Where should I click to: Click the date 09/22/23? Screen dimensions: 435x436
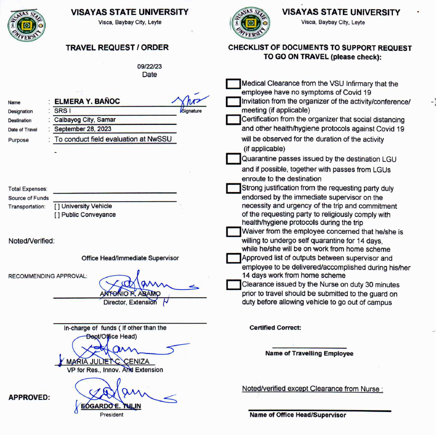pyautogui.click(x=149, y=67)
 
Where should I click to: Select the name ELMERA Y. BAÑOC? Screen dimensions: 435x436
pyautogui.click(x=87, y=101)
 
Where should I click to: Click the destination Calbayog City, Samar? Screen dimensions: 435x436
pyautogui.click(x=85, y=120)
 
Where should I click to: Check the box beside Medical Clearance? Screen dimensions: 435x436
pyautogui.click(x=233, y=85)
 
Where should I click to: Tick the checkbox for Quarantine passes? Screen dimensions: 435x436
pyautogui.click(x=233, y=159)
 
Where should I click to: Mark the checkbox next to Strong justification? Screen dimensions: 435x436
pyautogui.click(x=233, y=188)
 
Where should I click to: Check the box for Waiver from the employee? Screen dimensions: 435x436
pyautogui.click(x=233, y=232)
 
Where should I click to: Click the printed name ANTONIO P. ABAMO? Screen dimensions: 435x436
pyautogui.click(x=130, y=294)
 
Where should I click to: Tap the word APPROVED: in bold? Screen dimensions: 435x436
pyautogui.click(x=29, y=398)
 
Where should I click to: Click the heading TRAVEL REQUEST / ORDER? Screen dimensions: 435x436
pyautogui.click(x=117, y=47)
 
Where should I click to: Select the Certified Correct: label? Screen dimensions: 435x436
pyautogui.click(x=275, y=327)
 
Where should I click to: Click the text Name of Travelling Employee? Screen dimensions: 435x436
pyautogui.click(x=309, y=353)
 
